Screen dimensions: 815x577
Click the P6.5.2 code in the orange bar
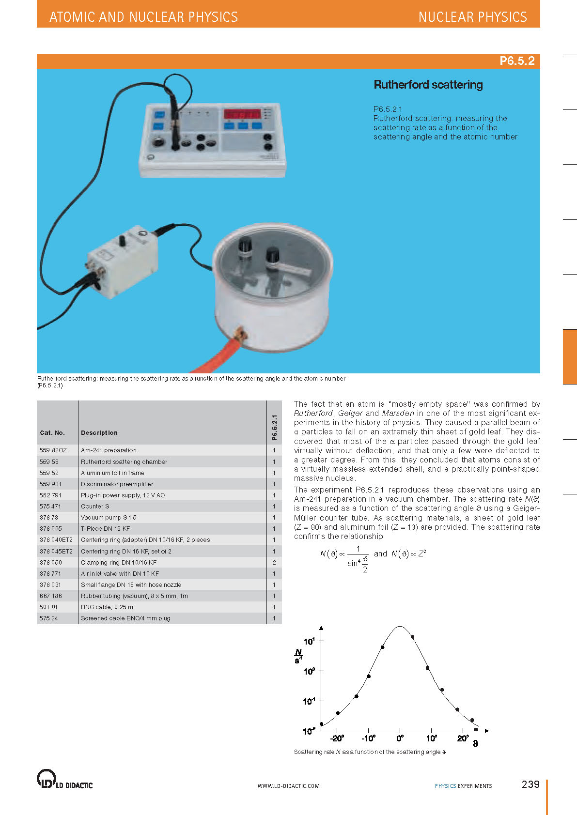517,61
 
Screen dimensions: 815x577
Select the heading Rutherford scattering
428,85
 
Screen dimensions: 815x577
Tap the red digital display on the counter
242,115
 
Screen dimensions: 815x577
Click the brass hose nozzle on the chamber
239,334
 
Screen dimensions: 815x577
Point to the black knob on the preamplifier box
123,241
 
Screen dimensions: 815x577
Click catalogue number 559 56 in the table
49,462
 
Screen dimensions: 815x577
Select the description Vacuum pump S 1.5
109,518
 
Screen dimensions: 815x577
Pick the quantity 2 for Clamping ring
274,563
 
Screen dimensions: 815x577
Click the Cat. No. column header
52,433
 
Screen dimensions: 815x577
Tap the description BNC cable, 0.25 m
107,607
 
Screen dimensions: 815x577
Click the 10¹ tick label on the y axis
309,642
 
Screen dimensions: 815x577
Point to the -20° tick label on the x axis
337,738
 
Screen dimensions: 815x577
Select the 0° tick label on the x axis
400,738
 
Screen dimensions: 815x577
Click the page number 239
530,784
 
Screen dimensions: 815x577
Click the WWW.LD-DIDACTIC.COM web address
289,786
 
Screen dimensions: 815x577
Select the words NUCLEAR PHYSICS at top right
472,17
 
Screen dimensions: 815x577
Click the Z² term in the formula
422,554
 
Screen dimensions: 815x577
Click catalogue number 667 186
51,596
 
